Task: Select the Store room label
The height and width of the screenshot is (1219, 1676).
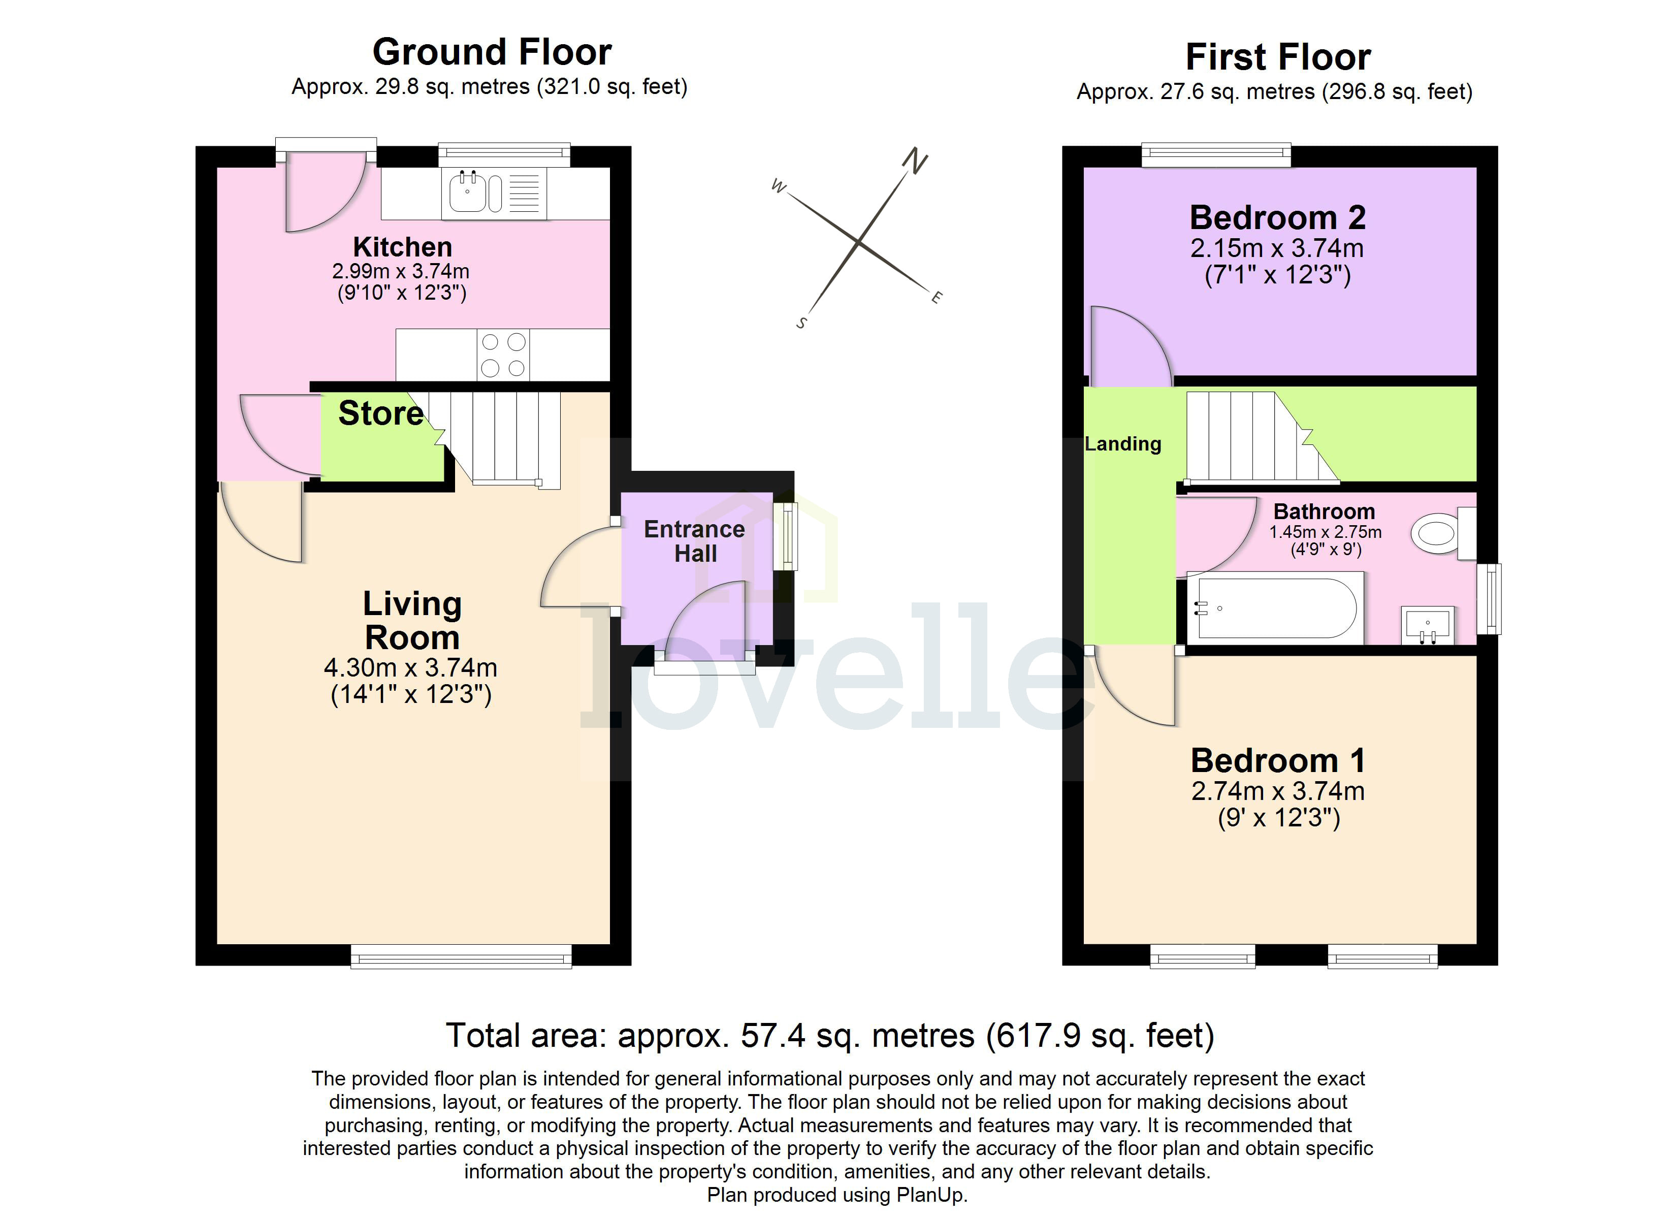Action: [x=380, y=413]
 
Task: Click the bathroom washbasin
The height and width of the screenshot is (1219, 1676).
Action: [x=1427, y=625]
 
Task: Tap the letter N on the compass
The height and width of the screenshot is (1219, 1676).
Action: [x=915, y=161]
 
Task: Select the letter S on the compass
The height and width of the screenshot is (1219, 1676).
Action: [x=801, y=323]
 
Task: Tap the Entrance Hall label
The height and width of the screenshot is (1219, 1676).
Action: [x=695, y=541]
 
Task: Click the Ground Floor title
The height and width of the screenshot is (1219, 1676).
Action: [x=492, y=52]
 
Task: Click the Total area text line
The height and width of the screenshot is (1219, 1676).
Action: [x=830, y=1036]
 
